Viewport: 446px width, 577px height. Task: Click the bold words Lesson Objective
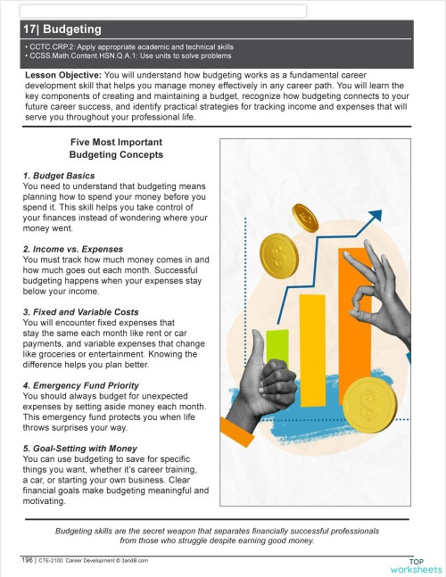click(x=64, y=77)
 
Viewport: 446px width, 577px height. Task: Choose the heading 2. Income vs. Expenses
click(x=74, y=248)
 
